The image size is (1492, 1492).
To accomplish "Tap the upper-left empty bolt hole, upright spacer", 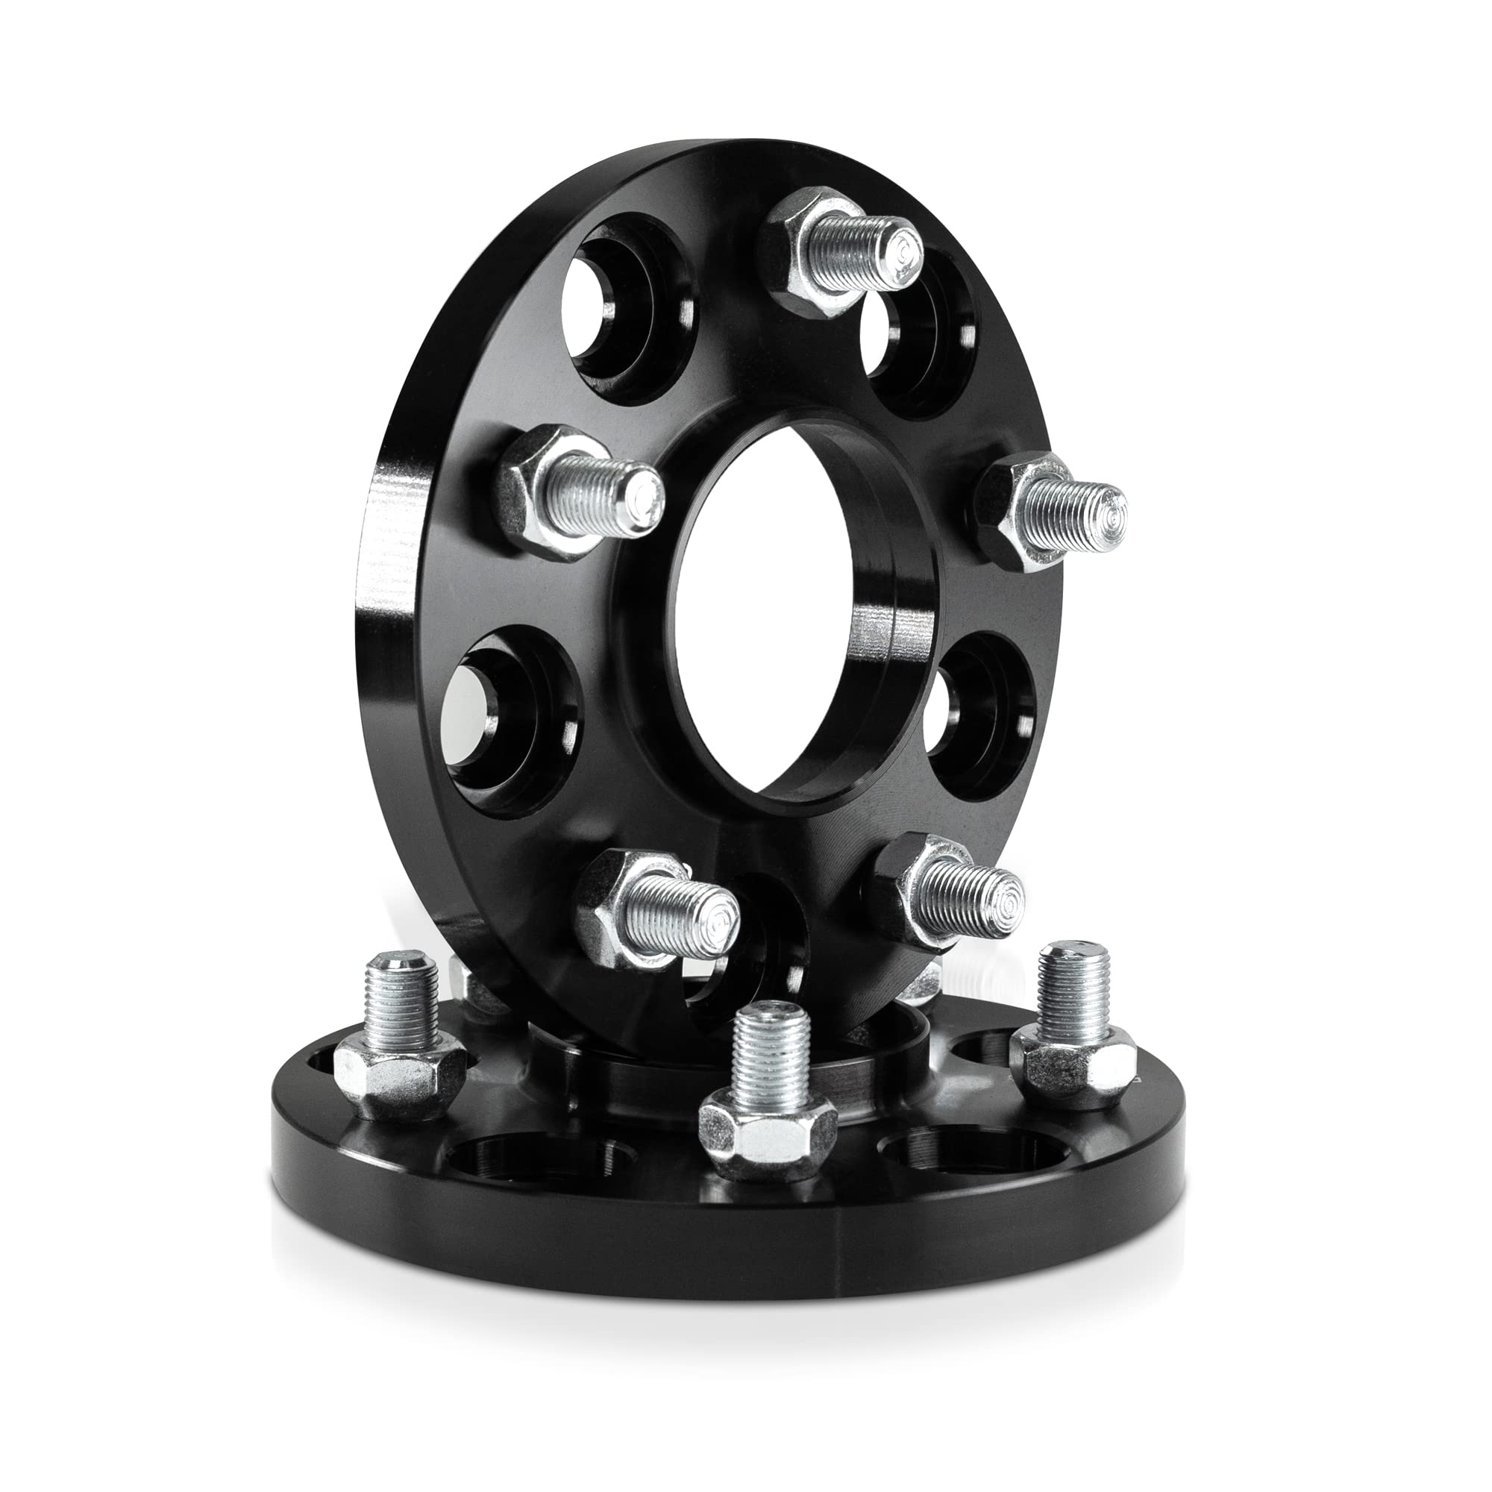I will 626,309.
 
